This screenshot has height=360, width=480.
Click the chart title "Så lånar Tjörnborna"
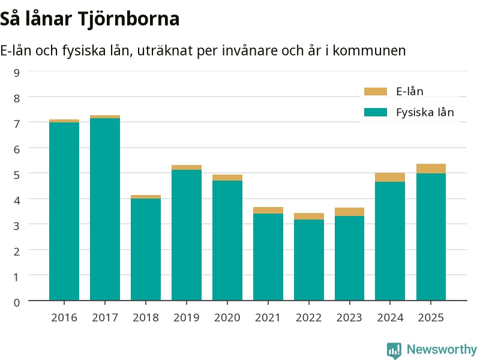(x=89, y=19)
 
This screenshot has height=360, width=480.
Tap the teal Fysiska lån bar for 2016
(x=64, y=211)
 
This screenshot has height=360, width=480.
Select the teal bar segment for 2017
(x=105, y=209)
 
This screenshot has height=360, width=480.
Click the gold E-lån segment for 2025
(x=431, y=169)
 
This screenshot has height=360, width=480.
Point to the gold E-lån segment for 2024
(x=390, y=177)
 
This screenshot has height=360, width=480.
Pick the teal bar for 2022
(x=309, y=260)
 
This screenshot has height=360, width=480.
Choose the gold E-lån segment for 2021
(x=268, y=211)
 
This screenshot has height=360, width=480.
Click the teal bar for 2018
(x=146, y=250)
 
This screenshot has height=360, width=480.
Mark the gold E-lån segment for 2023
(x=350, y=212)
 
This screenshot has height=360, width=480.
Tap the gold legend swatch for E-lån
(x=376, y=91)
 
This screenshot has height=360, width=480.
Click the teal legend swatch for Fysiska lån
(x=376, y=112)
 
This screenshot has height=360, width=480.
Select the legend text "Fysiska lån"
(x=425, y=112)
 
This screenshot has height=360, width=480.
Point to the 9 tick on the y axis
(x=17, y=73)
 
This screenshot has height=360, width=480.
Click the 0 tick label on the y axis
(x=17, y=302)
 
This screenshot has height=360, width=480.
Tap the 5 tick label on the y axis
(x=17, y=175)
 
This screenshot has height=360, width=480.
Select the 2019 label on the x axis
(x=187, y=318)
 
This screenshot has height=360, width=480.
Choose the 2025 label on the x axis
(x=431, y=318)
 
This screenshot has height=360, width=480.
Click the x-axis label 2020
(x=227, y=318)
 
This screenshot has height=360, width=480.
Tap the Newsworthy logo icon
(x=394, y=350)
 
